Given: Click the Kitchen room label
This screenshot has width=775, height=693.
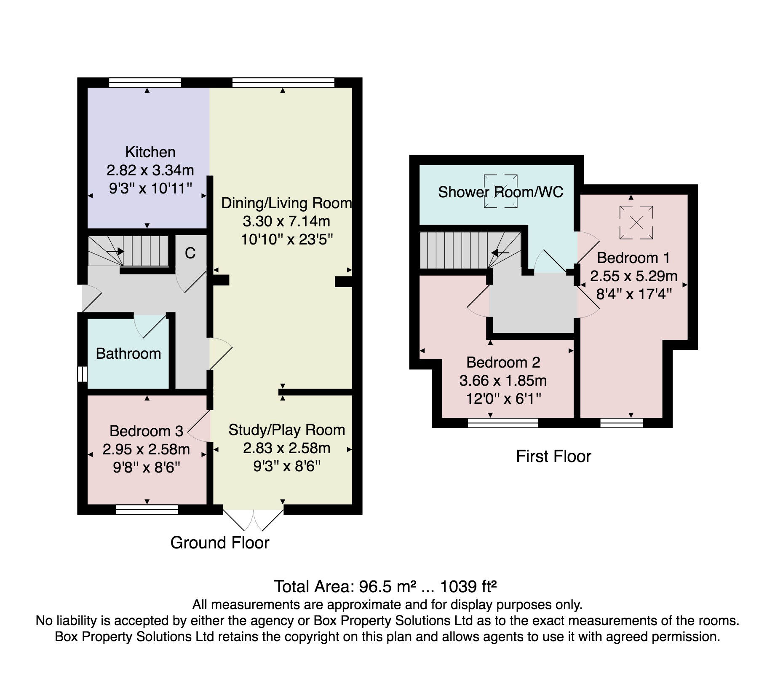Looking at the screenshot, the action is (x=150, y=152).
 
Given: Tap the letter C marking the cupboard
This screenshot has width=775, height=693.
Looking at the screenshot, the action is (x=190, y=253).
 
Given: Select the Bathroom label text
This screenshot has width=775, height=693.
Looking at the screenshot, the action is (x=128, y=353).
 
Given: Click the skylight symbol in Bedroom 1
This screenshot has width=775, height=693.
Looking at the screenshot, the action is (x=636, y=223).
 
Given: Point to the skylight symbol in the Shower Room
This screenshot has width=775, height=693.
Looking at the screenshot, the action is (x=500, y=191).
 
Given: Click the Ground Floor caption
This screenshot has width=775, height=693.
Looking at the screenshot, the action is (x=220, y=543).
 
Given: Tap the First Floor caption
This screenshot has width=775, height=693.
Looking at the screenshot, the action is (x=553, y=456).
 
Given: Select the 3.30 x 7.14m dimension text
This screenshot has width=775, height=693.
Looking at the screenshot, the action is (x=286, y=221).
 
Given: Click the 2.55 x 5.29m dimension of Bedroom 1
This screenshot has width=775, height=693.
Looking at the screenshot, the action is (x=633, y=276).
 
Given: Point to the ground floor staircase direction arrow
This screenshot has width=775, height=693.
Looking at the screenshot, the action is (x=115, y=251).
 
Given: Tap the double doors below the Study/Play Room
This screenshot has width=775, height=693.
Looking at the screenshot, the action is (x=253, y=520).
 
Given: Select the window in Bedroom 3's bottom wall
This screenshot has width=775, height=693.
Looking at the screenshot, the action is (x=147, y=510).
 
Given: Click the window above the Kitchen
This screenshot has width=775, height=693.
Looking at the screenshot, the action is (x=145, y=82).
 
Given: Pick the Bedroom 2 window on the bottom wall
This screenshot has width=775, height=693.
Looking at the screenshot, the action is (x=503, y=423).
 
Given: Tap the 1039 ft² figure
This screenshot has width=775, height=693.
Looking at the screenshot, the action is (x=469, y=586).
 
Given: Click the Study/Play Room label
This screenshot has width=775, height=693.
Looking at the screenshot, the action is (x=287, y=430).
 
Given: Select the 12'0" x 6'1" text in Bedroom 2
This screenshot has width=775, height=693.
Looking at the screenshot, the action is (x=503, y=398).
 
